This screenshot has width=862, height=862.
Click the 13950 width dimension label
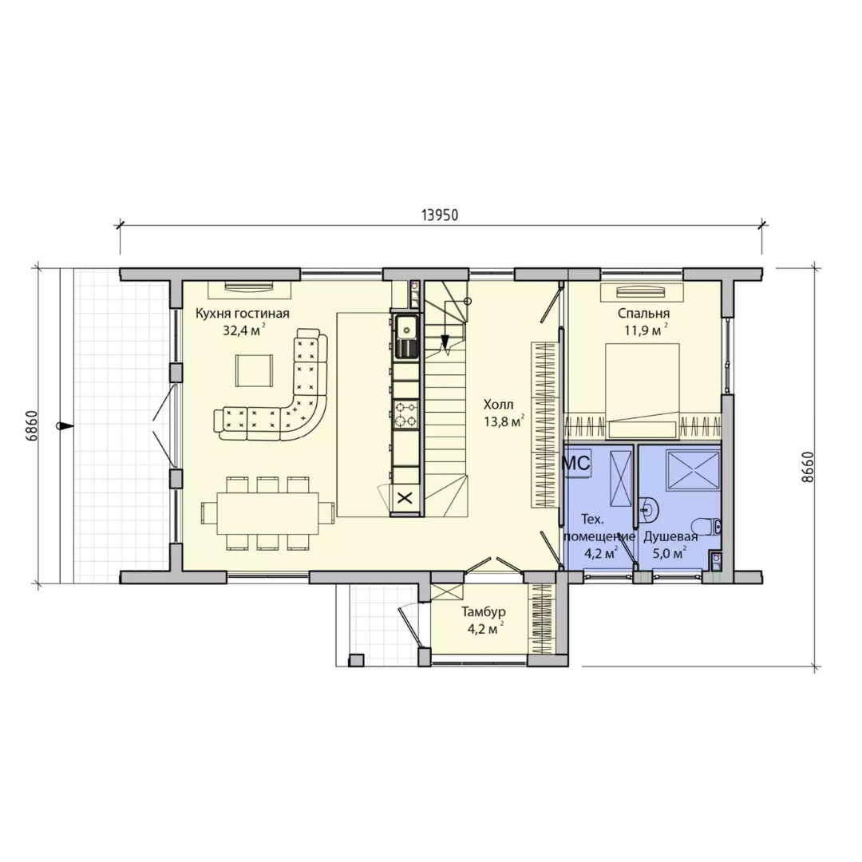[439, 215]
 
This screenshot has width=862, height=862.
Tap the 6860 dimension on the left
[31, 425]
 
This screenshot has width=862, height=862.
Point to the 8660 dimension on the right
[808, 467]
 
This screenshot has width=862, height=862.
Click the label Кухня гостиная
[243, 314]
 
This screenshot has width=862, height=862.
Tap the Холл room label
[499, 405]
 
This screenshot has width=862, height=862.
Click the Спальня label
[644, 314]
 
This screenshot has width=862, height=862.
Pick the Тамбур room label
[484, 612]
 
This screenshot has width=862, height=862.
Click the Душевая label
[670, 536]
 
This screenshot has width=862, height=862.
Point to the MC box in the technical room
[576, 463]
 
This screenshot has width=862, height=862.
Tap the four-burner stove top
[406, 414]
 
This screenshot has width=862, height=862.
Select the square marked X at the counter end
[405, 498]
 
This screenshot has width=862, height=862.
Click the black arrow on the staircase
[445, 343]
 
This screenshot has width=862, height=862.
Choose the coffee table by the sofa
[254, 370]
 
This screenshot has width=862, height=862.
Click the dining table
[267, 513]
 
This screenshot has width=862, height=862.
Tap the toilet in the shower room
[706, 527]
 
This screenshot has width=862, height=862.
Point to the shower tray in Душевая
[694, 470]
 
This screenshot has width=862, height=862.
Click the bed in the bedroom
[642, 391]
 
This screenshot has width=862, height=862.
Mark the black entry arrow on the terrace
[65, 425]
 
